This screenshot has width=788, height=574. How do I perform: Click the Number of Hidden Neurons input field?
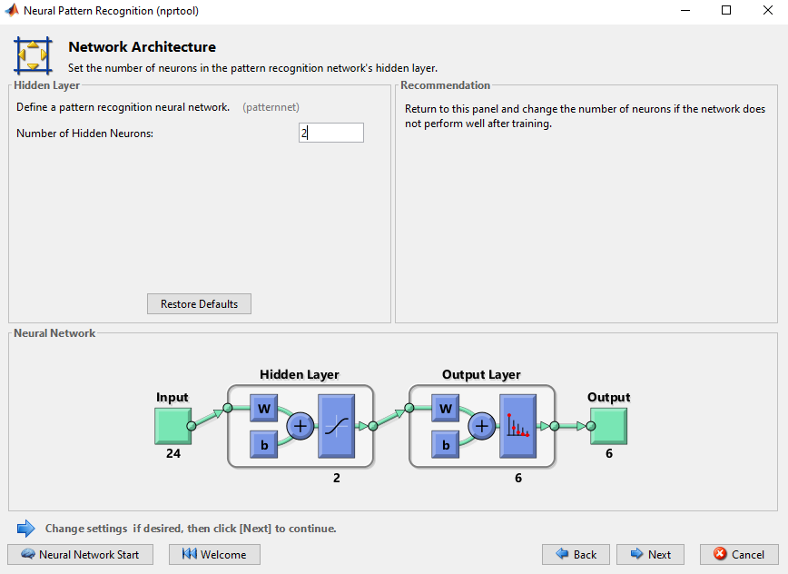[x=330, y=133]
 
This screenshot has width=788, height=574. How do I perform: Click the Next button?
[x=650, y=554]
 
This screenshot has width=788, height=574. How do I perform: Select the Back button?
[x=576, y=554]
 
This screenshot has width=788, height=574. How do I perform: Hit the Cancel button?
[x=739, y=554]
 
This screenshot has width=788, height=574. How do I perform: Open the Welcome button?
[x=214, y=554]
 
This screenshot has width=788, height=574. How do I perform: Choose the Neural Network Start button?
[x=81, y=554]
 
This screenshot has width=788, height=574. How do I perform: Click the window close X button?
[x=767, y=10]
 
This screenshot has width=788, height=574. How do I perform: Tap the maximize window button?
[x=726, y=10]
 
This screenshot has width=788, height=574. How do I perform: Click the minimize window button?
[x=685, y=10]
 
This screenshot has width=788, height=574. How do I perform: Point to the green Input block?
[x=172, y=426]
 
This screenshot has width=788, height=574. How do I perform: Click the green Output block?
[x=608, y=426]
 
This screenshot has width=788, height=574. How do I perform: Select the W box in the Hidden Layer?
[x=264, y=408]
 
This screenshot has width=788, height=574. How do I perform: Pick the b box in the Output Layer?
[x=445, y=444]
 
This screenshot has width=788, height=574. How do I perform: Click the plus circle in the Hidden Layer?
[x=300, y=426]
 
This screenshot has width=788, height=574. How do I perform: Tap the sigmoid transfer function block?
[x=336, y=426]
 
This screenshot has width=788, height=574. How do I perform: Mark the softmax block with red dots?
[x=517, y=426]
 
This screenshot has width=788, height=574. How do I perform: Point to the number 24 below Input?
[x=173, y=453]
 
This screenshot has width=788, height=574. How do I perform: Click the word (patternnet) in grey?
[x=271, y=107]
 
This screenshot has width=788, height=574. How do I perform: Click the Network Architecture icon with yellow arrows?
[x=33, y=55]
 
